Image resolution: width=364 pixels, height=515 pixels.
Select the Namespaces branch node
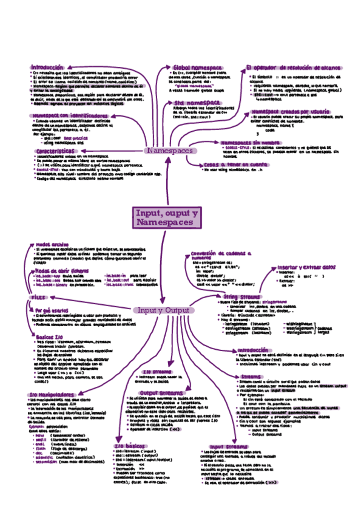click(170, 150)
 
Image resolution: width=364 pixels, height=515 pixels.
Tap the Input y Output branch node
click(164, 310)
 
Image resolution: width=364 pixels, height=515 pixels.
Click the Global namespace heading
click(197, 67)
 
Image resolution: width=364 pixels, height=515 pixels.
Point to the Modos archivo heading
click(52, 244)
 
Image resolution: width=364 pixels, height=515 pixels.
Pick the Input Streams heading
click(226, 446)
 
